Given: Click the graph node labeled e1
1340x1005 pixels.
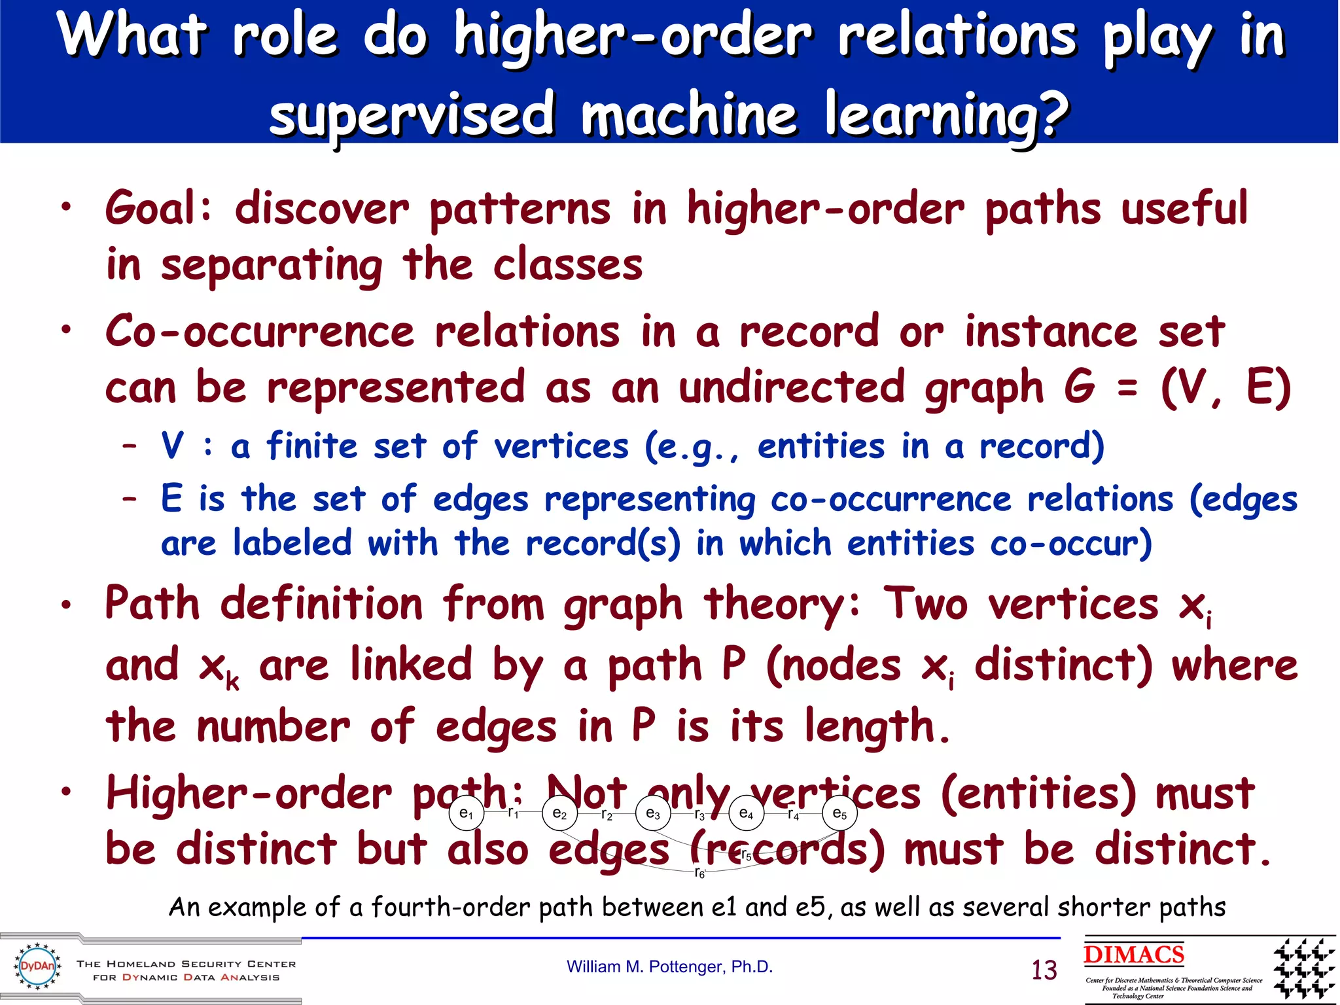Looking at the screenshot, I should coord(467,813).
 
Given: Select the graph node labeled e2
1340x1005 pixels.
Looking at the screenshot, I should coord(559,813).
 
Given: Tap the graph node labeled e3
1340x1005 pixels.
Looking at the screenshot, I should coord(653,813).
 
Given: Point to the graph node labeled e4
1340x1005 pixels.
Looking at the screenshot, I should coord(746,813).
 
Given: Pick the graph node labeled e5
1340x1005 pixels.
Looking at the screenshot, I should coord(839,813).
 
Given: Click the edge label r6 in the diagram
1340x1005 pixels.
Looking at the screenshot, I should coord(699,873).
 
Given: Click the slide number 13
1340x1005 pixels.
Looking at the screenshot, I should coord(1044,970).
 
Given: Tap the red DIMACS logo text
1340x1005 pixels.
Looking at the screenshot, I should coord(1133,955).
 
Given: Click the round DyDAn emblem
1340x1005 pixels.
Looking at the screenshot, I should coord(37,966).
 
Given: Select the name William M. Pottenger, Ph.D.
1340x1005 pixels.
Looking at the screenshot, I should coord(669,966).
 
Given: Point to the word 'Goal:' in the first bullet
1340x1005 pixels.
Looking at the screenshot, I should coord(159,208).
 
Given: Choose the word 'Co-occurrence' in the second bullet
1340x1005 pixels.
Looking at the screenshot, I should coord(260,331).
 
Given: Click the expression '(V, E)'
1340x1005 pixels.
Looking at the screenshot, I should coord(1225,387).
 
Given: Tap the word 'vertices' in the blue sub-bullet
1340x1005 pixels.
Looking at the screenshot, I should coord(561,447).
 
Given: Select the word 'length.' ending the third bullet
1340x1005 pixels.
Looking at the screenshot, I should coord(877,727).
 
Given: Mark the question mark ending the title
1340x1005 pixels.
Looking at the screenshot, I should coord(1049,115).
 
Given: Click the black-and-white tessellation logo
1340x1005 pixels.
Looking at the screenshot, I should coord(1303,969).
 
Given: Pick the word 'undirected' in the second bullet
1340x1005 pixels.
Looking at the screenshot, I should coord(792,387).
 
